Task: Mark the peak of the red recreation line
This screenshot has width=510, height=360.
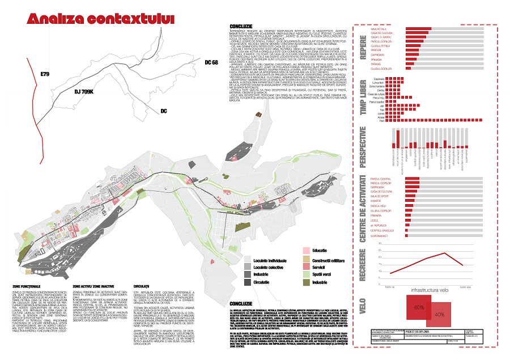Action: click(x=445, y=253)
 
